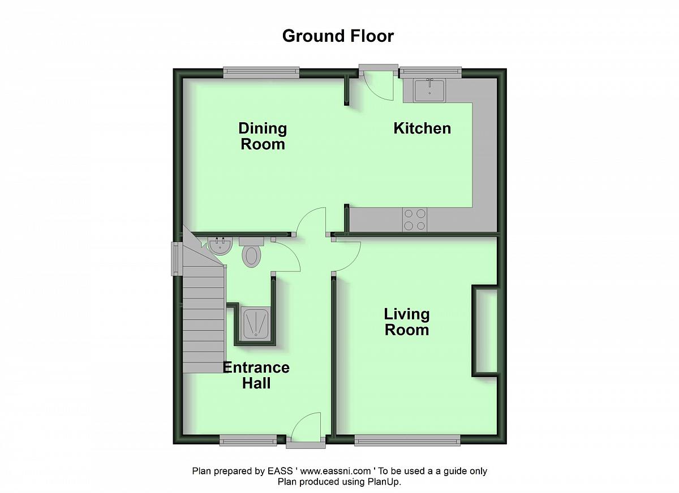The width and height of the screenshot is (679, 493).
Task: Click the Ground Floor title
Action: coord(338,36)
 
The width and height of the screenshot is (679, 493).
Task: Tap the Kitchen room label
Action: coord(422,128)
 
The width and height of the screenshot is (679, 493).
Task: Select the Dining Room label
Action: coord(263,136)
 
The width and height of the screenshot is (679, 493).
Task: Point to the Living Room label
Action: coord(407,322)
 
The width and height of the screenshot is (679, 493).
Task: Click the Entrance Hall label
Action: coord(256,375)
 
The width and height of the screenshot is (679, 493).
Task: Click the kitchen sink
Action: coord(429,90)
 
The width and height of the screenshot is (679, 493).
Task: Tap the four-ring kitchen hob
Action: coord(414,219)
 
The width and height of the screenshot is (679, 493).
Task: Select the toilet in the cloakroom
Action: coord(252,252)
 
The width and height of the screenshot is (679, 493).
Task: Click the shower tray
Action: coord(255,323)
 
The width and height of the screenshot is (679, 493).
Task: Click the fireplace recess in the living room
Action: coord(485,331)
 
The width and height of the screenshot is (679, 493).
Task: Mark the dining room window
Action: coord(261,72)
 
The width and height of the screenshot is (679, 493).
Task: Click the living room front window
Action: coord(407,440)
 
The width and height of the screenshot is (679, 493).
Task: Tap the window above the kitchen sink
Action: coord(431,72)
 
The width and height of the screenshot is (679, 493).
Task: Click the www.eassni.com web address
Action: coord(335,471)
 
